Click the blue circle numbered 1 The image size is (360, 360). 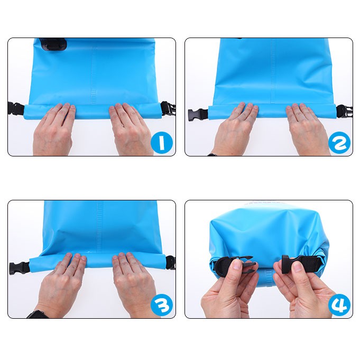(x=162, y=142)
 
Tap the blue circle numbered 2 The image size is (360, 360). (x=339, y=142)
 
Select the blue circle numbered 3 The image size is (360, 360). (x=162, y=305)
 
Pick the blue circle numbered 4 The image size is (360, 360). (x=339, y=305)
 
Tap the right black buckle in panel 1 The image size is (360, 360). (x=168, y=108)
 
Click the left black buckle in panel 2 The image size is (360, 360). (x=198, y=114)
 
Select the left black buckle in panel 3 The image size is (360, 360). (x=19, y=267)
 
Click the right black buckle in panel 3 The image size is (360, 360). (x=170, y=262)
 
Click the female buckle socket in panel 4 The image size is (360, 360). (x=301, y=263)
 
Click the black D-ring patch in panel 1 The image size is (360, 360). (x=53, y=44)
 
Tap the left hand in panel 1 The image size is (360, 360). (x=54, y=129)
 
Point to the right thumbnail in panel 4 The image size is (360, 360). (x=298, y=266)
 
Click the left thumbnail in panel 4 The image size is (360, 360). (x=237, y=264)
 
